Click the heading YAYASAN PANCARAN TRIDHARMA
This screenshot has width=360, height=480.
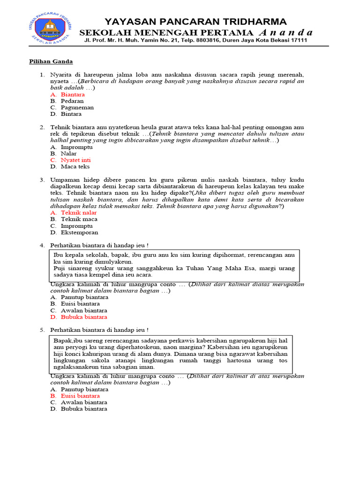pyautogui.click(x=195, y=22)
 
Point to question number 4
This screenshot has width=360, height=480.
pyautogui.click(x=42, y=245)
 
